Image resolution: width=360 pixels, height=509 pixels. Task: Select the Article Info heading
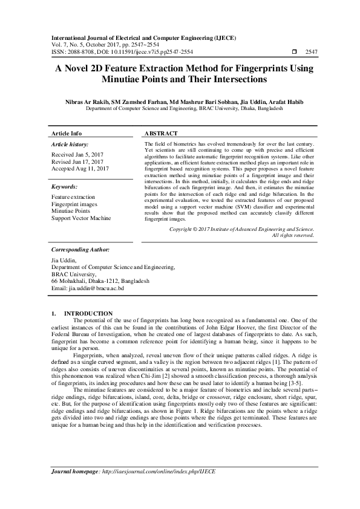click(x=67, y=133)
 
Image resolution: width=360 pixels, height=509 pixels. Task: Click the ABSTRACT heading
click(x=161, y=133)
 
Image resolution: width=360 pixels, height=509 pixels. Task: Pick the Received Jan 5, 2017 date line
click(x=77, y=155)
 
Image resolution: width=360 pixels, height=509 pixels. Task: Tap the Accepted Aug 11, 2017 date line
click(x=80, y=169)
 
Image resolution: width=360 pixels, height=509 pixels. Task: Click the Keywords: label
click(x=65, y=187)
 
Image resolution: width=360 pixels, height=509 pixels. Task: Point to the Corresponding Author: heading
click(x=80, y=249)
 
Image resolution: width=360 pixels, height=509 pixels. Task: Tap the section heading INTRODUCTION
click(x=92, y=313)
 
